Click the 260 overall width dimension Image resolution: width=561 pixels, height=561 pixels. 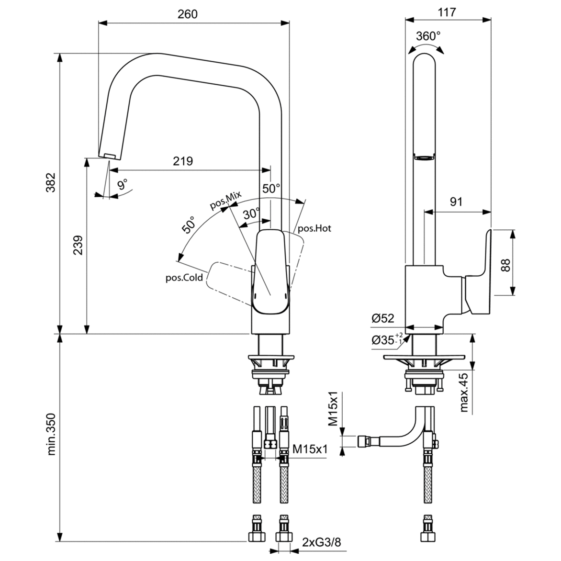point(187,14)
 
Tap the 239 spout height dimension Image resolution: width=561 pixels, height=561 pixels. point(78,245)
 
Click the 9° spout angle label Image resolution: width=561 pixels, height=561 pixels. point(123,184)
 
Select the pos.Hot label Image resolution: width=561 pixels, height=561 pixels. point(314,228)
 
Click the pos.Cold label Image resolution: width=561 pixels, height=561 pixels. point(184,278)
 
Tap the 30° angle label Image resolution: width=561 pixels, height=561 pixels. point(251,213)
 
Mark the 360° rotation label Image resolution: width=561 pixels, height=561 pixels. point(428,36)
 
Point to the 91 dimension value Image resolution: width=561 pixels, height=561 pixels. point(456,202)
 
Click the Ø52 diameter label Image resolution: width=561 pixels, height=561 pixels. point(383,318)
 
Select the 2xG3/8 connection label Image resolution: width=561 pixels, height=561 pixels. point(321,542)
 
